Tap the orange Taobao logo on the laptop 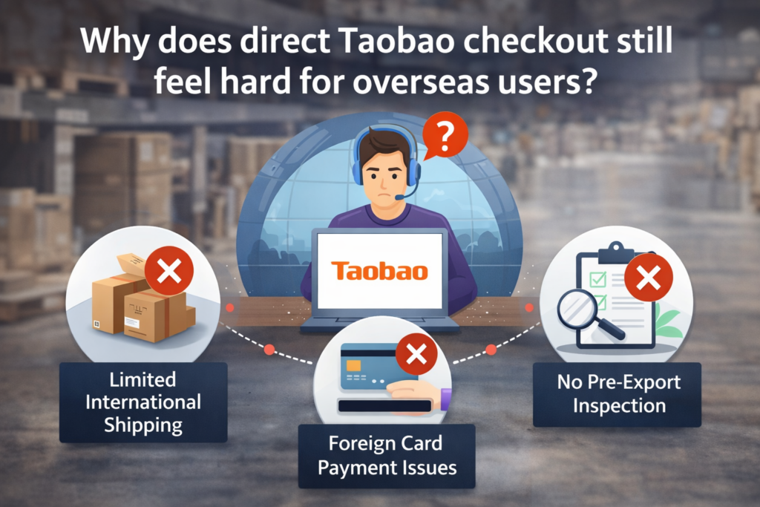click(x=379, y=271)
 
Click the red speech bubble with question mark click(x=444, y=136)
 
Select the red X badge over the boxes click(x=169, y=270)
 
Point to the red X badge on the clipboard click(x=649, y=278)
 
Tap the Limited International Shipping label click(x=143, y=402)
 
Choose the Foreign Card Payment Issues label click(x=387, y=456)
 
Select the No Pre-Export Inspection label click(x=617, y=395)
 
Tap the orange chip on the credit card click(x=354, y=365)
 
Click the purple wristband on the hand click(x=446, y=399)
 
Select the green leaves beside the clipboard click(x=669, y=324)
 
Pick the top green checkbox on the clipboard click(x=597, y=280)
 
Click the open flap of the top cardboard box click(x=130, y=265)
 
